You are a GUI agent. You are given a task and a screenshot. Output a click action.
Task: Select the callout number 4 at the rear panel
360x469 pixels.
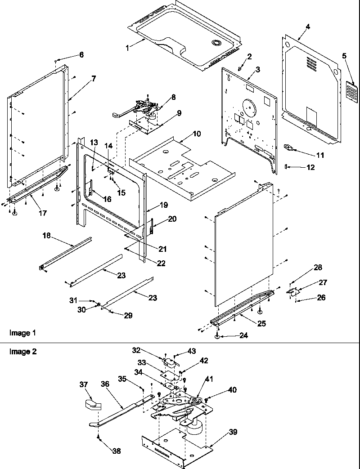tap(307, 27)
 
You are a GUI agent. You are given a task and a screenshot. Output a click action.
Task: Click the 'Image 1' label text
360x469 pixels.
tap(22, 333)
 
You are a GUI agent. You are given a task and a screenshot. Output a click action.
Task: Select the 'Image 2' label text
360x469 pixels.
tap(22, 351)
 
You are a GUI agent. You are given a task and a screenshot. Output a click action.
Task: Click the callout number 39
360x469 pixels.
tap(233, 432)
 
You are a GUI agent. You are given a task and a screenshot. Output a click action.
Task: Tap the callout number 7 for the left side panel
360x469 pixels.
tap(93, 78)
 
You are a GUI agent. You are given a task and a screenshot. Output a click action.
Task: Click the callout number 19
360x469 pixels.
tap(163, 205)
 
